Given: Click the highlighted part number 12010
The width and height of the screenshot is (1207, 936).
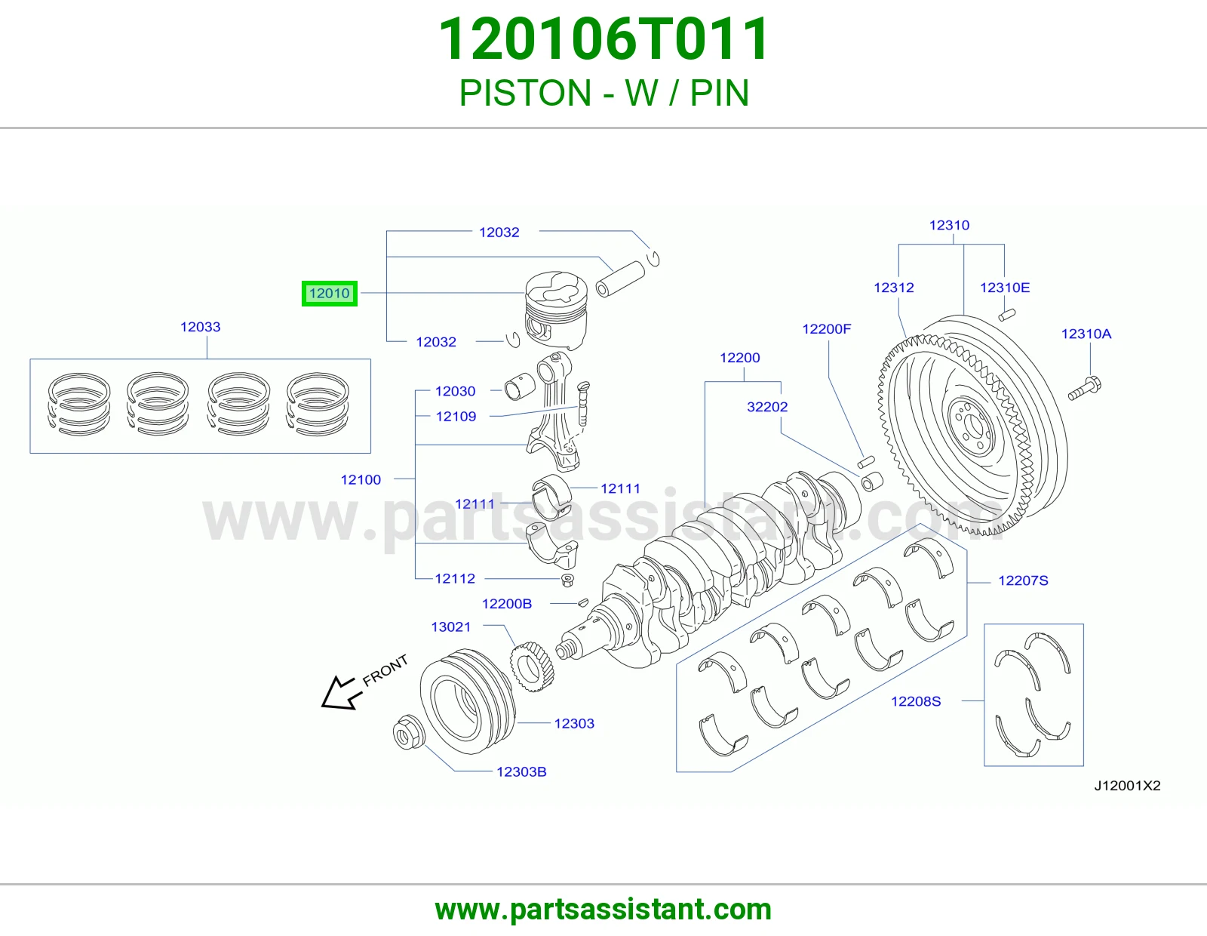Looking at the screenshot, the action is click(x=330, y=294).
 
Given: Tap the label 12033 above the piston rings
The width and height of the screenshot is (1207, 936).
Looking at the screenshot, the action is click(x=200, y=327).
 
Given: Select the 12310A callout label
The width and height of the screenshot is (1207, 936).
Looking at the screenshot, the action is click(x=1086, y=334).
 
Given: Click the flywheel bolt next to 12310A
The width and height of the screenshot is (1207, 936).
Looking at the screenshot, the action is click(x=1084, y=389).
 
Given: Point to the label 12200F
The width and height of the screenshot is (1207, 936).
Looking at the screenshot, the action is click(x=826, y=329).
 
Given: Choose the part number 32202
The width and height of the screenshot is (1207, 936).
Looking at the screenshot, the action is click(x=767, y=407).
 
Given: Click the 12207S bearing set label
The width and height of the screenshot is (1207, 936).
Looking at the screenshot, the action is click(x=1023, y=580).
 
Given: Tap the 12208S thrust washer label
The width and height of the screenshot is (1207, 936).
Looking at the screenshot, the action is click(x=916, y=701).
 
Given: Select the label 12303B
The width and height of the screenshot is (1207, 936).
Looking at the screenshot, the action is click(x=521, y=771).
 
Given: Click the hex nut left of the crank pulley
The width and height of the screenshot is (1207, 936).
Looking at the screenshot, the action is click(x=408, y=732).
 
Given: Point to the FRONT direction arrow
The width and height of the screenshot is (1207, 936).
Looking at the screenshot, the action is click(x=339, y=692).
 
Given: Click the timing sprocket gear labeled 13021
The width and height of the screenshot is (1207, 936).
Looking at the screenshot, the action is click(x=532, y=667).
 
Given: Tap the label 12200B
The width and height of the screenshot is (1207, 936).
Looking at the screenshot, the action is click(x=507, y=604).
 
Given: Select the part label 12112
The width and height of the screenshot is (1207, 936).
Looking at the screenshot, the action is click(x=455, y=579).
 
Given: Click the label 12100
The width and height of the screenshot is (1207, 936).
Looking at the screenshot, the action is click(x=361, y=479).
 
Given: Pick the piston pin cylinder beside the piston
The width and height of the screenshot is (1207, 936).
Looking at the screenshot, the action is click(x=620, y=279).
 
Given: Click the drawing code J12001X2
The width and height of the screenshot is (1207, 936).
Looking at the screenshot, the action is click(x=1127, y=785).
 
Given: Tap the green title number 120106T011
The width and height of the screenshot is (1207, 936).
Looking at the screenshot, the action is click(x=603, y=39).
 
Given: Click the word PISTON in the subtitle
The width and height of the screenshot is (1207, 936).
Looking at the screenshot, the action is click(x=525, y=93).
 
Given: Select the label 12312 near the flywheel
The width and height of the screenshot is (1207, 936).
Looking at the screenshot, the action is click(x=894, y=288).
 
